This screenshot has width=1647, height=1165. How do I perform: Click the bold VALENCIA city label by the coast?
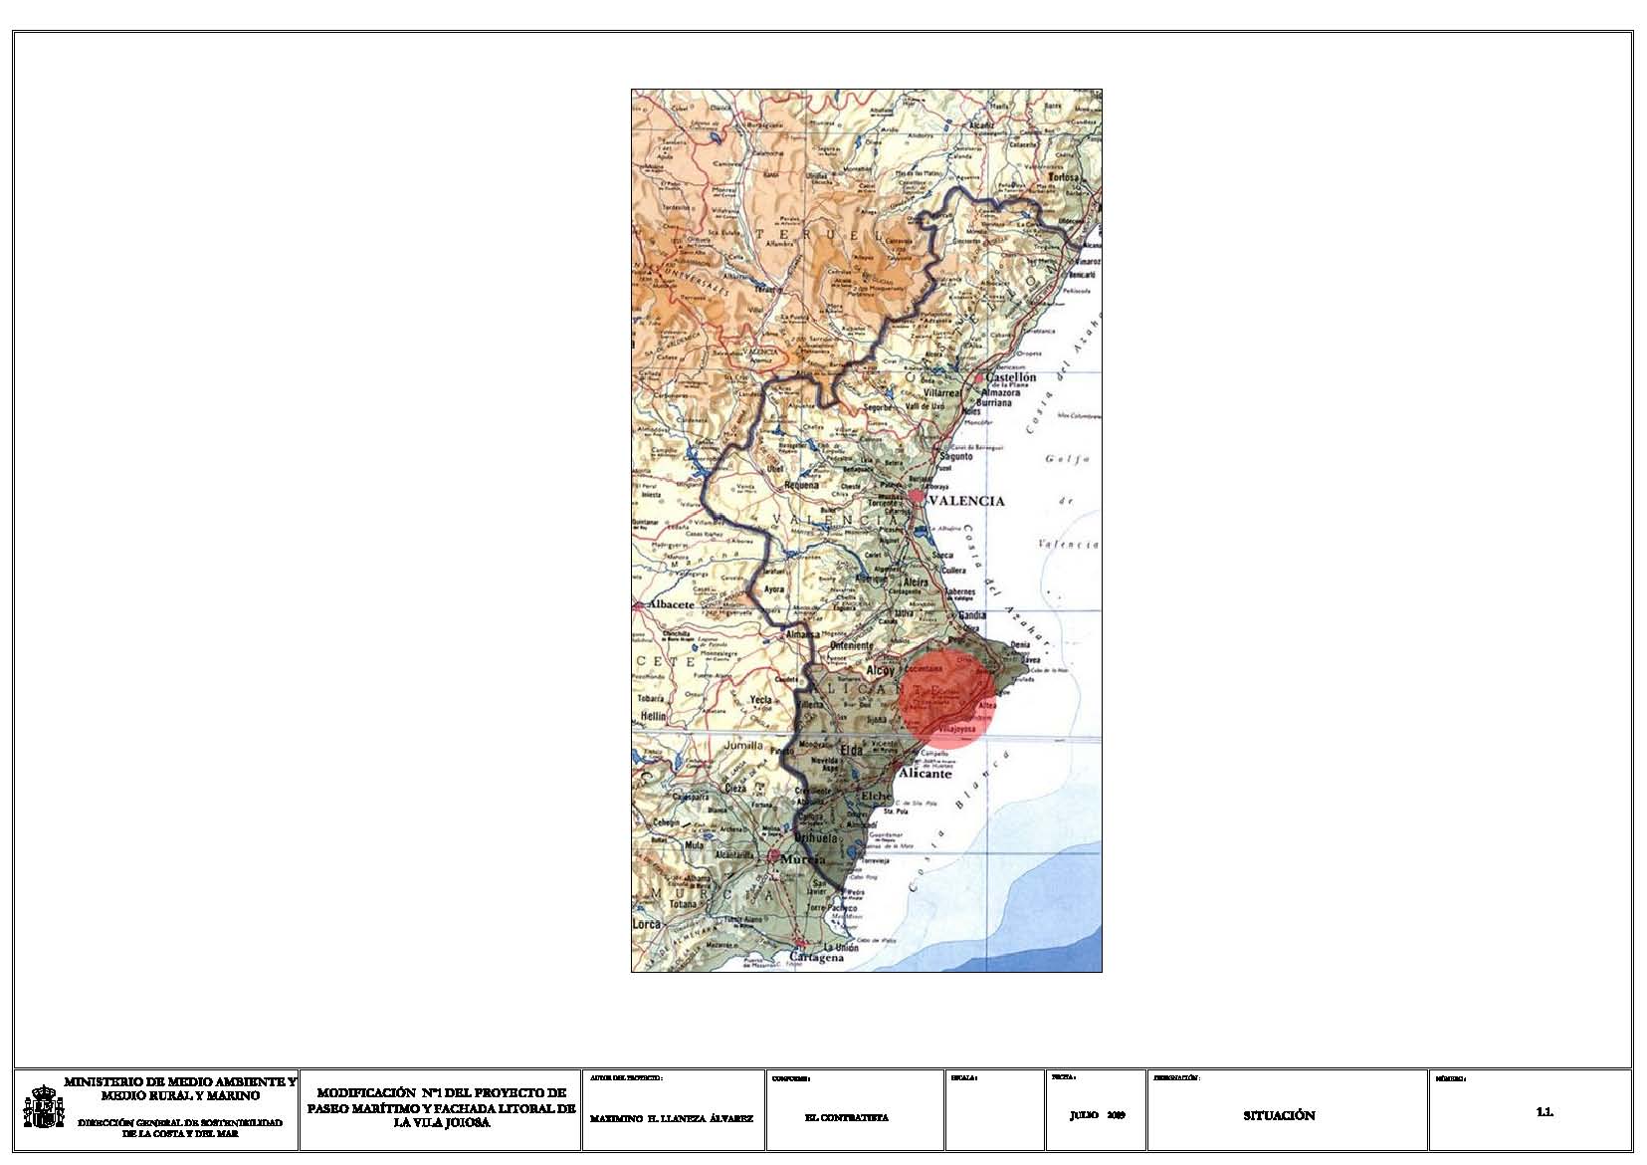click(965, 501)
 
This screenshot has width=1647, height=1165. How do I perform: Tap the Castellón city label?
click(1010, 377)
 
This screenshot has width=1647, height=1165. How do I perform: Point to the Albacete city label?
click(670, 604)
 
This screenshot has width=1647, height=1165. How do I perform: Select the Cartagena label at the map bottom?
click(816, 957)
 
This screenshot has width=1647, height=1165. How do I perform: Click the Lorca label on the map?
click(647, 924)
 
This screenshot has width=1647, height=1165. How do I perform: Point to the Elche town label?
click(877, 797)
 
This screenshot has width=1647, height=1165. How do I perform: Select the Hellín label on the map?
click(653, 716)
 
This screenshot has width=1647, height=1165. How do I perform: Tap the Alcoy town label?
click(881, 671)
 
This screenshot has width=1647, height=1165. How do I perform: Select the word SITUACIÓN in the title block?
click(1279, 1116)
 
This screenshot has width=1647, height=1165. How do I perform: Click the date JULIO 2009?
click(1097, 1116)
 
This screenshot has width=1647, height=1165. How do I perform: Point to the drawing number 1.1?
click(1544, 1112)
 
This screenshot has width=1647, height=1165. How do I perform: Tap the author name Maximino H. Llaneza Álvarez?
click(672, 1118)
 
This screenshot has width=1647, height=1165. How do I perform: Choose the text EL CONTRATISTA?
click(846, 1118)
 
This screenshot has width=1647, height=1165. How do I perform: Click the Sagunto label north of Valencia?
click(954, 456)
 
